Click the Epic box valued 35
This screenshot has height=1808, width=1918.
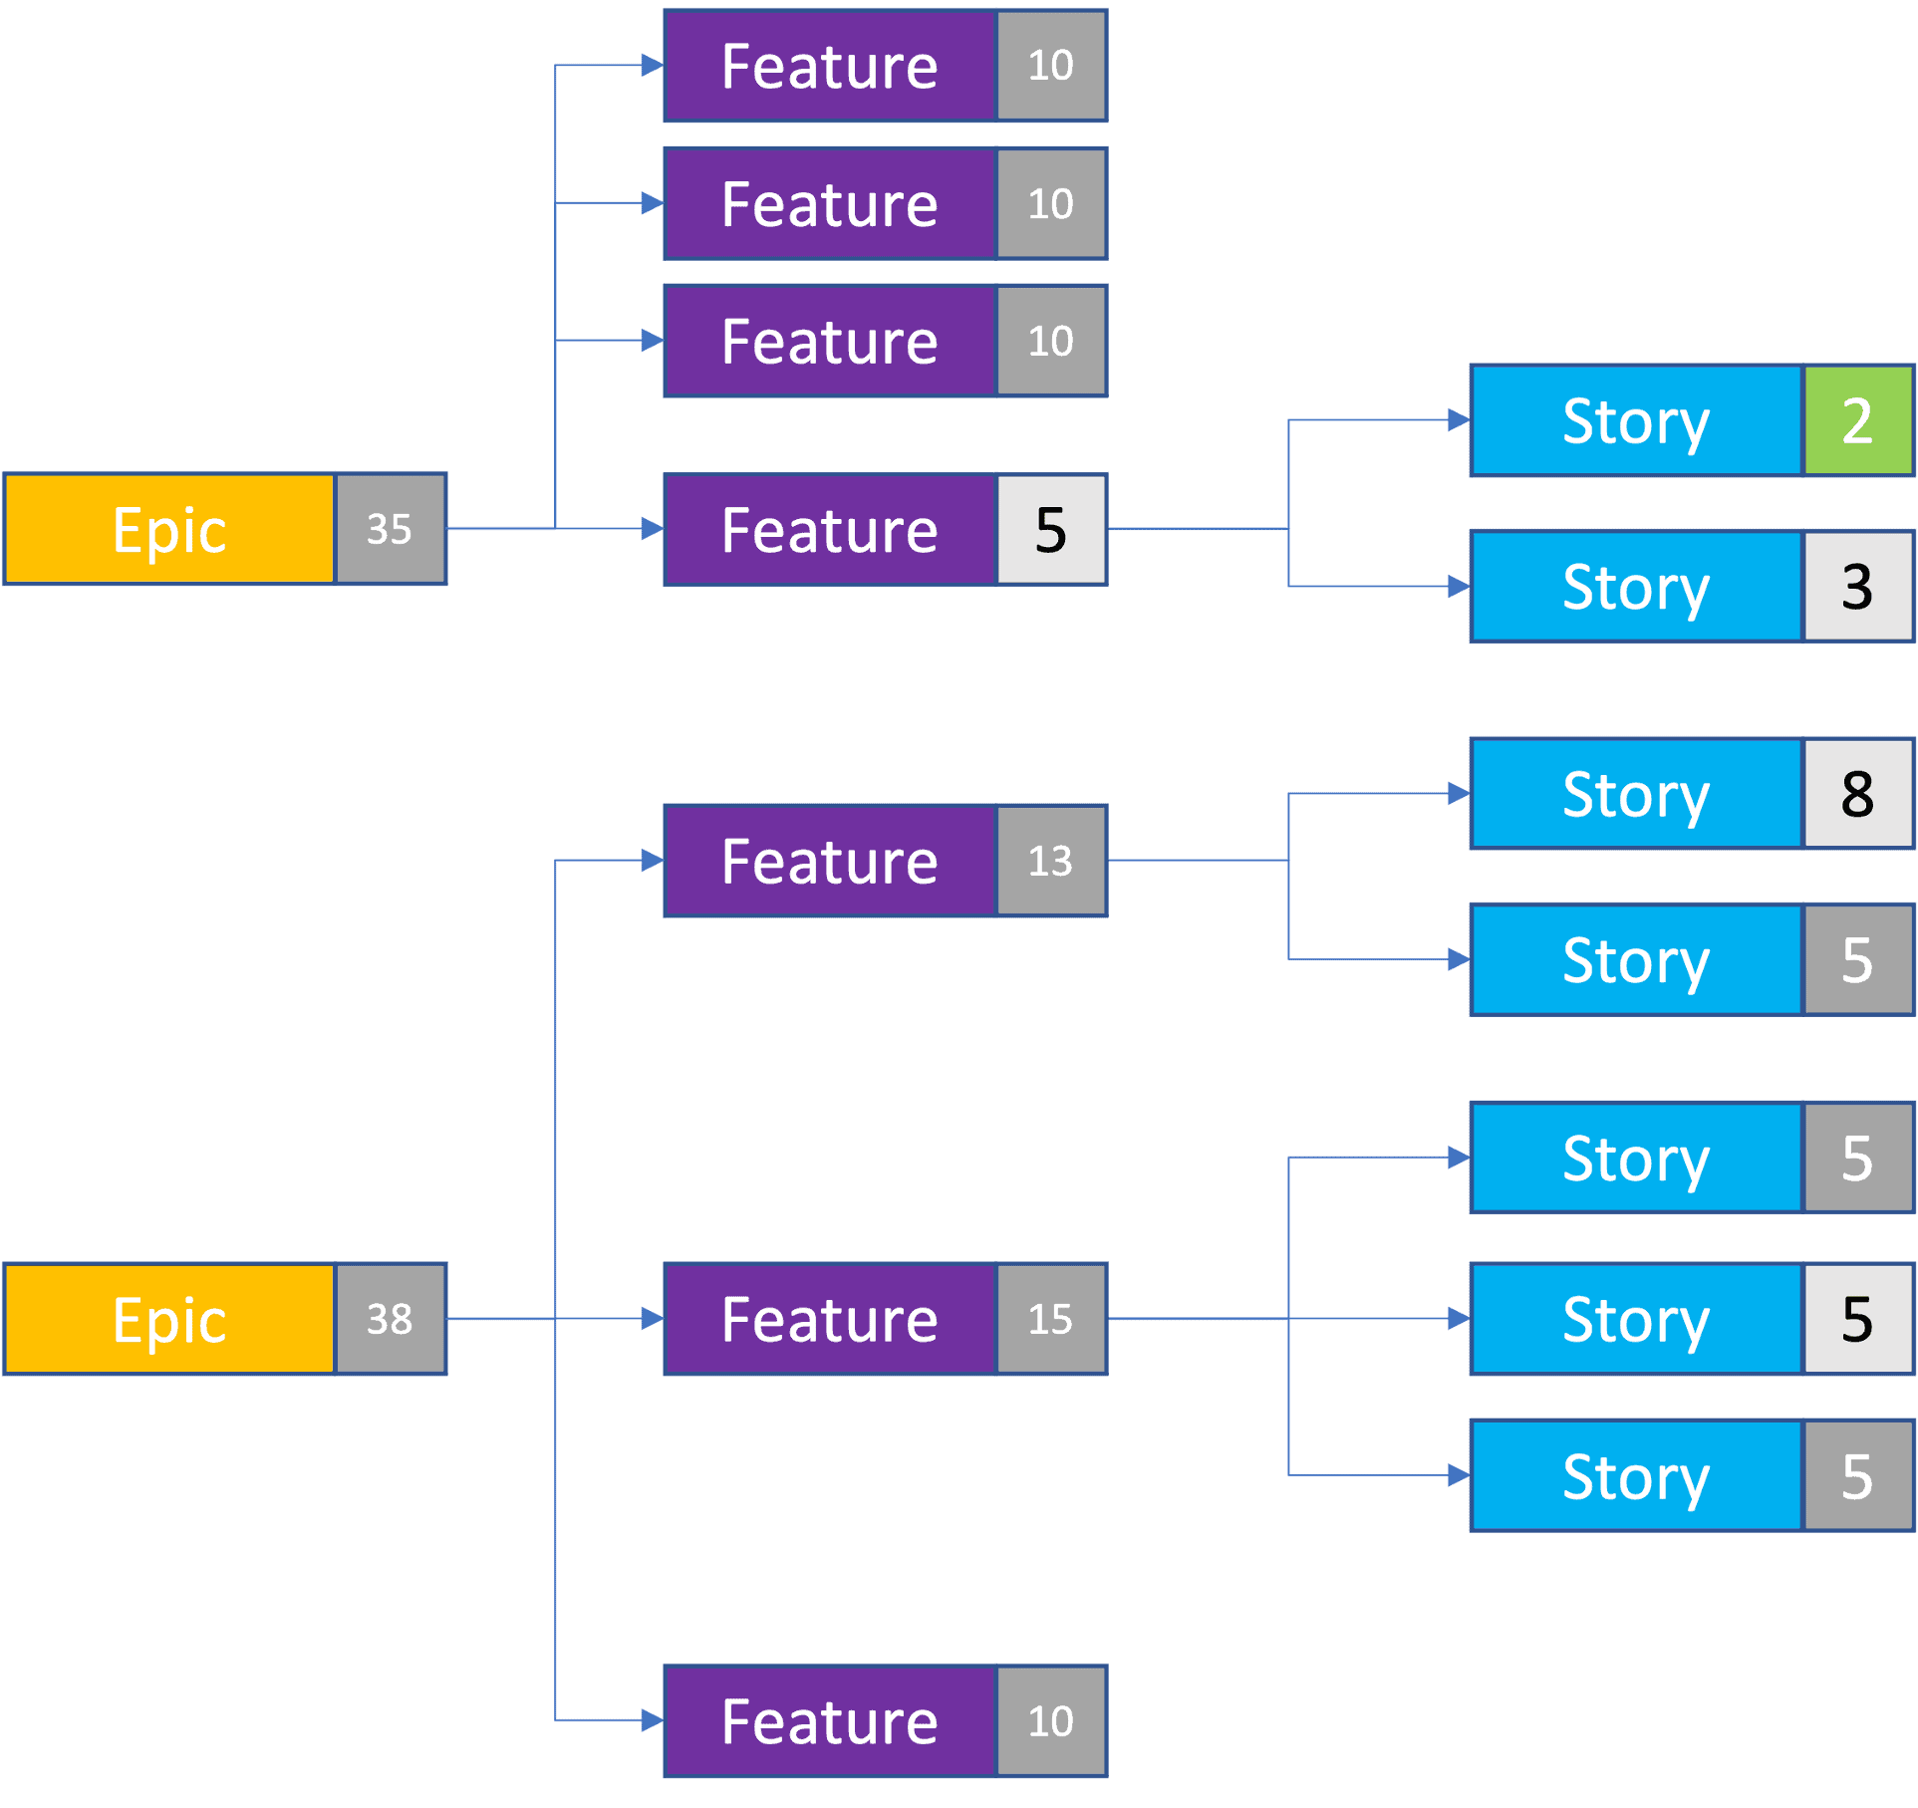point(169,528)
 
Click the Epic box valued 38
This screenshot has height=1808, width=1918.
point(169,1319)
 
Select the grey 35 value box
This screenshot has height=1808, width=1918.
point(390,528)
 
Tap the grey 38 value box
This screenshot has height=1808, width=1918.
point(390,1319)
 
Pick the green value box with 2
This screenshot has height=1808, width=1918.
point(1857,420)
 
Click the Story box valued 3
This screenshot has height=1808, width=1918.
point(1636,586)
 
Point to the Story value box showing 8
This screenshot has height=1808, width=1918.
point(1857,794)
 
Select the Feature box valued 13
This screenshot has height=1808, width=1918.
point(830,861)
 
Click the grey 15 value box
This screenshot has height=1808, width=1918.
point(1050,1319)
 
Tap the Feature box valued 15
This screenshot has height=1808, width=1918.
point(830,1319)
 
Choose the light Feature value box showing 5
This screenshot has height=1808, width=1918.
point(1050,529)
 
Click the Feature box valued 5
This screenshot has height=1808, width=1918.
point(830,529)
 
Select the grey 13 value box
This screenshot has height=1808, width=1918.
point(1050,861)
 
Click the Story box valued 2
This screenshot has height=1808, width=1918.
point(1636,420)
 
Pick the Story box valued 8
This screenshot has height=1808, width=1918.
point(1636,794)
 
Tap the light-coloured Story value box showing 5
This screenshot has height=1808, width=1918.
point(1857,1319)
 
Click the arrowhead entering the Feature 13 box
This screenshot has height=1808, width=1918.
point(653,861)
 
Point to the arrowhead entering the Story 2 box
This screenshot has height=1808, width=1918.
point(1459,420)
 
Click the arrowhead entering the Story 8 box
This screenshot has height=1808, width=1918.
point(1459,794)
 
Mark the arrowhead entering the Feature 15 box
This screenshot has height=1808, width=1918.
point(653,1319)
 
